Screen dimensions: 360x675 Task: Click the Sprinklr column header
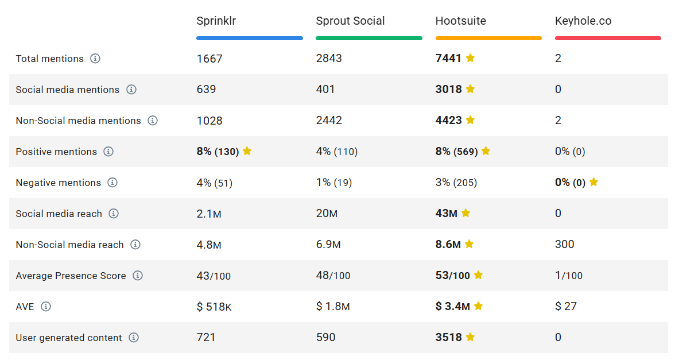[x=216, y=21]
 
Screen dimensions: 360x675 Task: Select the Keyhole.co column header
[x=583, y=21]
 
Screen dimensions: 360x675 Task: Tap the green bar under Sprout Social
[x=368, y=38]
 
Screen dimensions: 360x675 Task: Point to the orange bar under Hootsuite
[x=488, y=38]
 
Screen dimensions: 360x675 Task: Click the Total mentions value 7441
[x=448, y=58]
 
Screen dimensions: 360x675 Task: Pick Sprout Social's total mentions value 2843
[x=329, y=58]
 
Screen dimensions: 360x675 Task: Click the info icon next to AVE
[x=46, y=307]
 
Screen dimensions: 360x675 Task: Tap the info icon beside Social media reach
[x=114, y=214]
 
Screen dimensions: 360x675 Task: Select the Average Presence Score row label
[x=71, y=276]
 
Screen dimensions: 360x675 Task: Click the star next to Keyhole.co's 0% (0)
[x=593, y=182]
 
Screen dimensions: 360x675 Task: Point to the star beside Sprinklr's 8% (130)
[x=247, y=151]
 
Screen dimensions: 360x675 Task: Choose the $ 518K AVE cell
[x=214, y=307]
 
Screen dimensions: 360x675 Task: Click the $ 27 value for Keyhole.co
[x=566, y=307]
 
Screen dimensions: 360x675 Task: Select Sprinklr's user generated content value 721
[x=206, y=338]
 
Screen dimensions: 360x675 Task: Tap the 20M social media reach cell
[x=327, y=214]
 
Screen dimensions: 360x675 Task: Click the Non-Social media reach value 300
[x=564, y=245]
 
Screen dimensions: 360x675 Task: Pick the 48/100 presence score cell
[x=333, y=276]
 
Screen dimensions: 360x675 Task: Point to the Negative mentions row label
[x=59, y=183]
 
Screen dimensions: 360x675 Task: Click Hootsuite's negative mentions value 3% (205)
[x=456, y=183]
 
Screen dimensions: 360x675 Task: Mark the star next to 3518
[x=470, y=337]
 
